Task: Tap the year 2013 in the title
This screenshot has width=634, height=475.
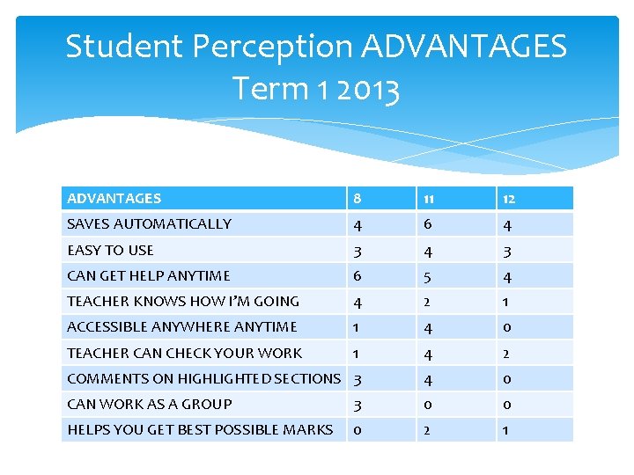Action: point(362,89)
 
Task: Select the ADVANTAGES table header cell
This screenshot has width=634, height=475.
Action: point(114,199)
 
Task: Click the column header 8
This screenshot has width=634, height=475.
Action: point(357,199)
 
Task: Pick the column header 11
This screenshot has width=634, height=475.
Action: point(427,199)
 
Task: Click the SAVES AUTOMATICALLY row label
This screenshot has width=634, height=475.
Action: point(150,224)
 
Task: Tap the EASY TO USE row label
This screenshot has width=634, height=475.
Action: point(111,250)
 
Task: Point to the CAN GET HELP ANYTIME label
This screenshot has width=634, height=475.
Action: point(149,275)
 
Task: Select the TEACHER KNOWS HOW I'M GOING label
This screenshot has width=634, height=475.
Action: point(183,301)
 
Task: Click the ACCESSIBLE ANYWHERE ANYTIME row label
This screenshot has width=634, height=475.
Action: point(182,326)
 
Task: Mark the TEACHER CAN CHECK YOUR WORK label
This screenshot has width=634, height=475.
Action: point(185,353)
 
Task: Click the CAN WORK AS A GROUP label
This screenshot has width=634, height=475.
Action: point(150,404)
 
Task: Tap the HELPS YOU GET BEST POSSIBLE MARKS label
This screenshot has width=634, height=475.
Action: point(200,429)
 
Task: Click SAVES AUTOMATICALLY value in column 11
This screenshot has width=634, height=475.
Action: point(427,224)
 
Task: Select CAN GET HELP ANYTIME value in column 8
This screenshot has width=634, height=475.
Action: point(357,275)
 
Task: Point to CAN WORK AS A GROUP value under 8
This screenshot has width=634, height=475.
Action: point(357,404)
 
